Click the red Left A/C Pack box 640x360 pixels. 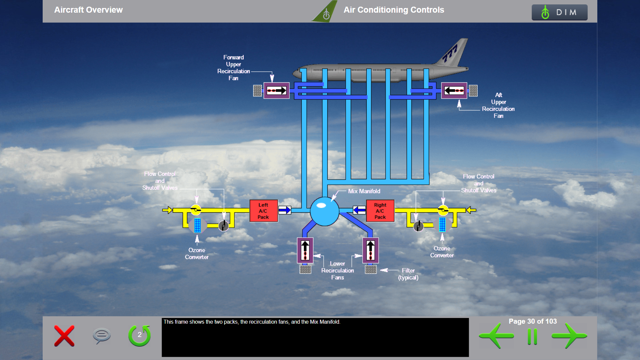click(x=264, y=211)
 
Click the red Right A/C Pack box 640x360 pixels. click(x=380, y=211)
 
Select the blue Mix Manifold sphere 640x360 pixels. click(x=324, y=211)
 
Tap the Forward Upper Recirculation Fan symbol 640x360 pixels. click(x=276, y=90)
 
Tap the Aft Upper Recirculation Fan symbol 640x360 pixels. click(x=454, y=90)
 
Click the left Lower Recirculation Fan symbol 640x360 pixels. click(x=305, y=250)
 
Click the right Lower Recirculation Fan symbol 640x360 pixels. click(x=370, y=250)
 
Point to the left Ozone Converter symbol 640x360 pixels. click(x=197, y=225)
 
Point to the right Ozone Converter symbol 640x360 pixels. click(x=442, y=225)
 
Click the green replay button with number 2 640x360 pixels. click(x=140, y=335)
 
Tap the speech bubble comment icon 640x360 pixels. click(x=102, y=336)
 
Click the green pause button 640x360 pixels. click(x=532, y=337)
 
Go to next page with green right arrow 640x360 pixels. click(x=569, y=336)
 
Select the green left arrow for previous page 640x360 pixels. click(x=496, y=336)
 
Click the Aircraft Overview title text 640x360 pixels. click(x=88, y=10)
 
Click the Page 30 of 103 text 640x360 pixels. click(x=533, y=321)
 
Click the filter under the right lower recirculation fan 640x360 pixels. click(x=371, y=269)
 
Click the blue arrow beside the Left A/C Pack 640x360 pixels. click(x=285, y=210)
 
